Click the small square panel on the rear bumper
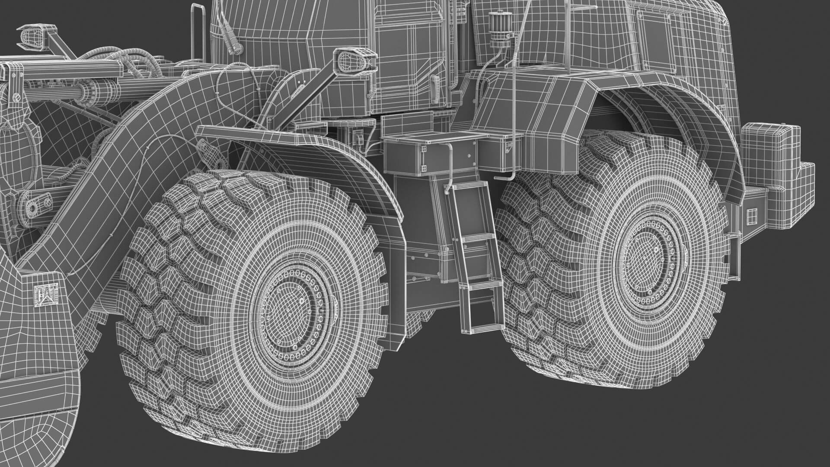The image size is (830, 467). click(x=753, y=215)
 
